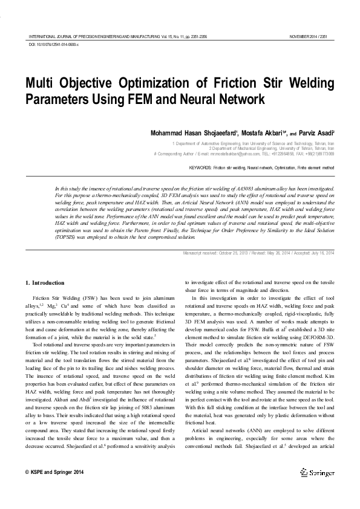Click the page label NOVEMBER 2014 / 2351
tap(312, 36)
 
